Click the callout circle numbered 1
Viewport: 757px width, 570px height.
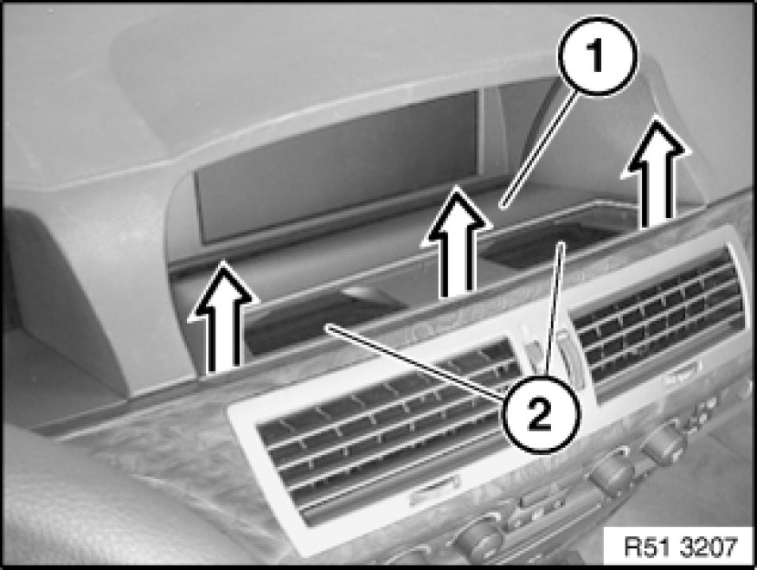click(x=597, y=56)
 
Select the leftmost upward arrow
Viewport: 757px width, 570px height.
click(x=222, y=317)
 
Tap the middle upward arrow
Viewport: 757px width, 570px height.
click(x=456, y=241)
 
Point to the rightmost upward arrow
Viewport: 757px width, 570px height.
click(x=655, y=171)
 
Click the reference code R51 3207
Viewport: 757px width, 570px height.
click(x=681, y=547)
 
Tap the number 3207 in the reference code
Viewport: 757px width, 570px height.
click(x=709, y=547)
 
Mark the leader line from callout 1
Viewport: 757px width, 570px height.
click(x=539, y=151)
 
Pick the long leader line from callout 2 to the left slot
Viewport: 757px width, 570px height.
click(x=415, y=362)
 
